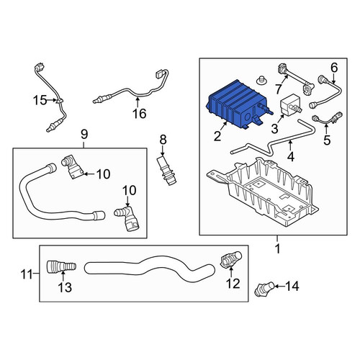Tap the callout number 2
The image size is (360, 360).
(217, 137)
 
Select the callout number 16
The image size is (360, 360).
(140, 113)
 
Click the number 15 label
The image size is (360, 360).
(40, 100)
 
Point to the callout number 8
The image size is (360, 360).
(163, 140)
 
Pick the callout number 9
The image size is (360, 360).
(84, 135)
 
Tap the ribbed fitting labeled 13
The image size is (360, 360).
(61, 266)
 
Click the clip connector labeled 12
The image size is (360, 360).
(230, 259)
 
